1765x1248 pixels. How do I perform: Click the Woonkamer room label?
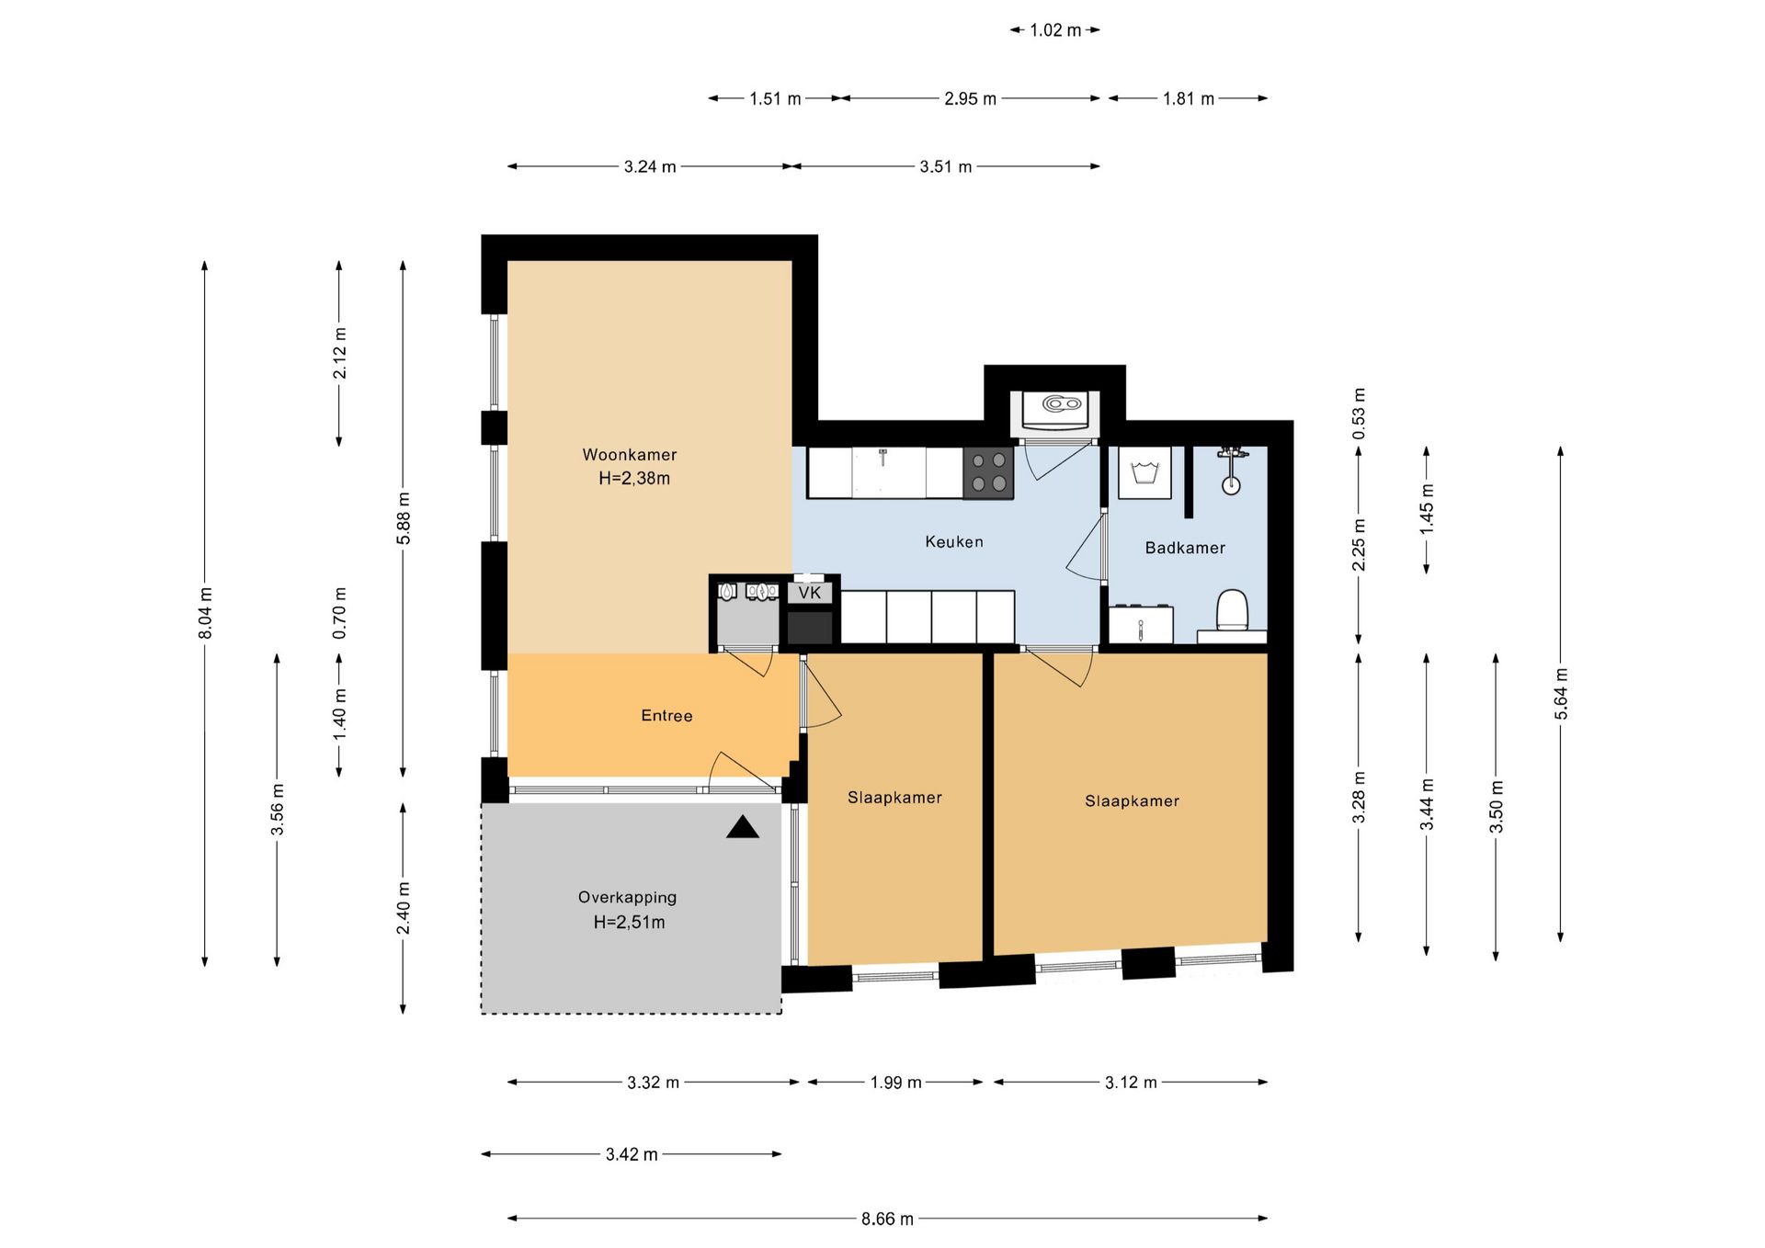click(630, 455)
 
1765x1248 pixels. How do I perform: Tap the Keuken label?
click(954, 542)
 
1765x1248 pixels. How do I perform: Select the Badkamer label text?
click(1185, 548)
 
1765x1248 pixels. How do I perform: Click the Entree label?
click(666, 716)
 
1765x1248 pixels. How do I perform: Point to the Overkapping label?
click(627, 898)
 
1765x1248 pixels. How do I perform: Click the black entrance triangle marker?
click(743, 827)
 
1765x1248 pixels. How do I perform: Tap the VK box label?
click(810, 593)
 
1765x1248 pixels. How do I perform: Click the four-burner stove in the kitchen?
click(988, 472)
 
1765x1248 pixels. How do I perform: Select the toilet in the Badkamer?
click(1232, 611)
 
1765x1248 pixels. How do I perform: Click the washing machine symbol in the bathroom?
click(1144, 473)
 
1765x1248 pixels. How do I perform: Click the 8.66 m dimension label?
click(887, 1219)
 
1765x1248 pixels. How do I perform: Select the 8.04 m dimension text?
click(205, 613)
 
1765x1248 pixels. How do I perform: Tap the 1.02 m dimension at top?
click(1055, 30)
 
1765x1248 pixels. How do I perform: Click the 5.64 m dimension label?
click(1561, 694)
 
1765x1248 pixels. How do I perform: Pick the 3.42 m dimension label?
click(632, 1154)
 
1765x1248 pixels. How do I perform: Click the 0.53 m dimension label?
click(1359, 413)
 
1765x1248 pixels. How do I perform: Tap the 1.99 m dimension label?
click(896, 1083)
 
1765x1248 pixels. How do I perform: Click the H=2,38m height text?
click(634, 479)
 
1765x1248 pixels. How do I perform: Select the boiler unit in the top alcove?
click(1055, 410)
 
